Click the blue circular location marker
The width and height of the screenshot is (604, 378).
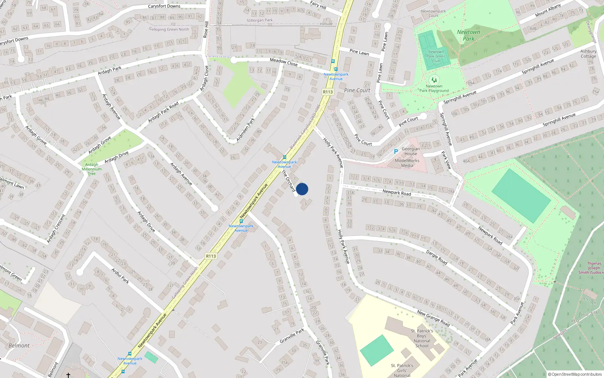pyautogui.click(x=302, y=189)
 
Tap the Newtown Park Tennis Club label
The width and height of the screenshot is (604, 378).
pyautogui.click(x=436, y=56)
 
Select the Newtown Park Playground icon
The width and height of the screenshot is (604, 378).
pyautogui.click(x=434, y=80)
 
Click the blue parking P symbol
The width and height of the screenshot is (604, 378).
pyautogui.click(x=396, y=152)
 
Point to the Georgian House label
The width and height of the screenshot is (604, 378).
pyautogui.click(x=411, y=151)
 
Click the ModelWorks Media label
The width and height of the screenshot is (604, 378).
pyautogui.click(x=407, y=163)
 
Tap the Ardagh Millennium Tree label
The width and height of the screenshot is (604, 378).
pyautogui.click(x=92, y=169)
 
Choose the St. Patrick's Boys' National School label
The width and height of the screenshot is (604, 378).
pyautogui.click(x=422, y=338)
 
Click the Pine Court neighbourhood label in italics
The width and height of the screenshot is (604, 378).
pyautogui.click(x=357, y=90)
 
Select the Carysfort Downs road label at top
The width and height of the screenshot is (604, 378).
pyautogui.click(x=164, y=6)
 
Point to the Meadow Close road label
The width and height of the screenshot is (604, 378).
pyautogui.click(x=284, y=62)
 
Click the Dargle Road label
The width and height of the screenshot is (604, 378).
pyautogui.click(x=437, y=257)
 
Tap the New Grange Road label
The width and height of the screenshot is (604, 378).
pyautogui.click(x=433, y=318)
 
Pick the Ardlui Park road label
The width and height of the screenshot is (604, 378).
pyautogui.click(x=120, y=275)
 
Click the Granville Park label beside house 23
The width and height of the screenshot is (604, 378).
pyautogui.click(x=292, y=336)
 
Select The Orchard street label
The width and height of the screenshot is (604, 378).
pyautogui.click(x=288, y=181)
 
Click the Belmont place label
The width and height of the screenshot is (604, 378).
pyautogui.click(x=19, y=345)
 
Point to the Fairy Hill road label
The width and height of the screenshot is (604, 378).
pyautogui.click(x=318, y=5)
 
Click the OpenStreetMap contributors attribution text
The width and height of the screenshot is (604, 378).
pyautogui.click(x=575, y=374)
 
